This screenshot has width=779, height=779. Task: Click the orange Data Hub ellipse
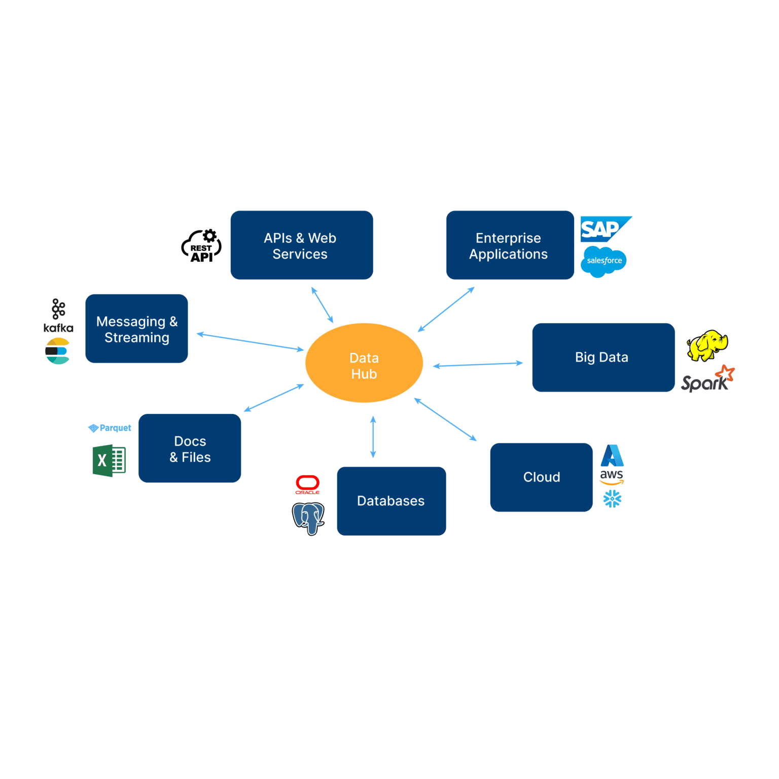coord(364,363)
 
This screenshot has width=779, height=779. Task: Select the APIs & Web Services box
coord(302,245)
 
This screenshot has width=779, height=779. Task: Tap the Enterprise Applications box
coord(510,245)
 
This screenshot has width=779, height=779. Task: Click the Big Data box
coord(603,358)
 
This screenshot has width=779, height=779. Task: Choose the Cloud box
coord(541,477)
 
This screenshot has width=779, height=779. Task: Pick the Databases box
coord(391,501)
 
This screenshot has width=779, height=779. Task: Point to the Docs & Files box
coord(190,448)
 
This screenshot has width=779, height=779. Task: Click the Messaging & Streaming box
coord(136,329)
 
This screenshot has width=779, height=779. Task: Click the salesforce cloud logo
coord(604,261)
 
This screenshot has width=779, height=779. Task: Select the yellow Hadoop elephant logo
coord(707,345)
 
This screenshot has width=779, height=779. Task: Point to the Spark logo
coord(707,380)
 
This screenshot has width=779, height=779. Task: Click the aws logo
coord(612,477)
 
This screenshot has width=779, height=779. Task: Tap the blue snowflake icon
coord(612,499)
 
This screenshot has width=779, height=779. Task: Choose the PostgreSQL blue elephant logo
coord(308,518)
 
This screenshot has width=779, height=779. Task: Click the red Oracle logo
coord(307,484)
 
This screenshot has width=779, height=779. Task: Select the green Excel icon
coord(109,461)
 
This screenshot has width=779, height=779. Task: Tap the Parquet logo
coord(110,428)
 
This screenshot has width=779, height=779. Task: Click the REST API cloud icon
coord(201,246)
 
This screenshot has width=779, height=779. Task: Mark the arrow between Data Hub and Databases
coord(373,437)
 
